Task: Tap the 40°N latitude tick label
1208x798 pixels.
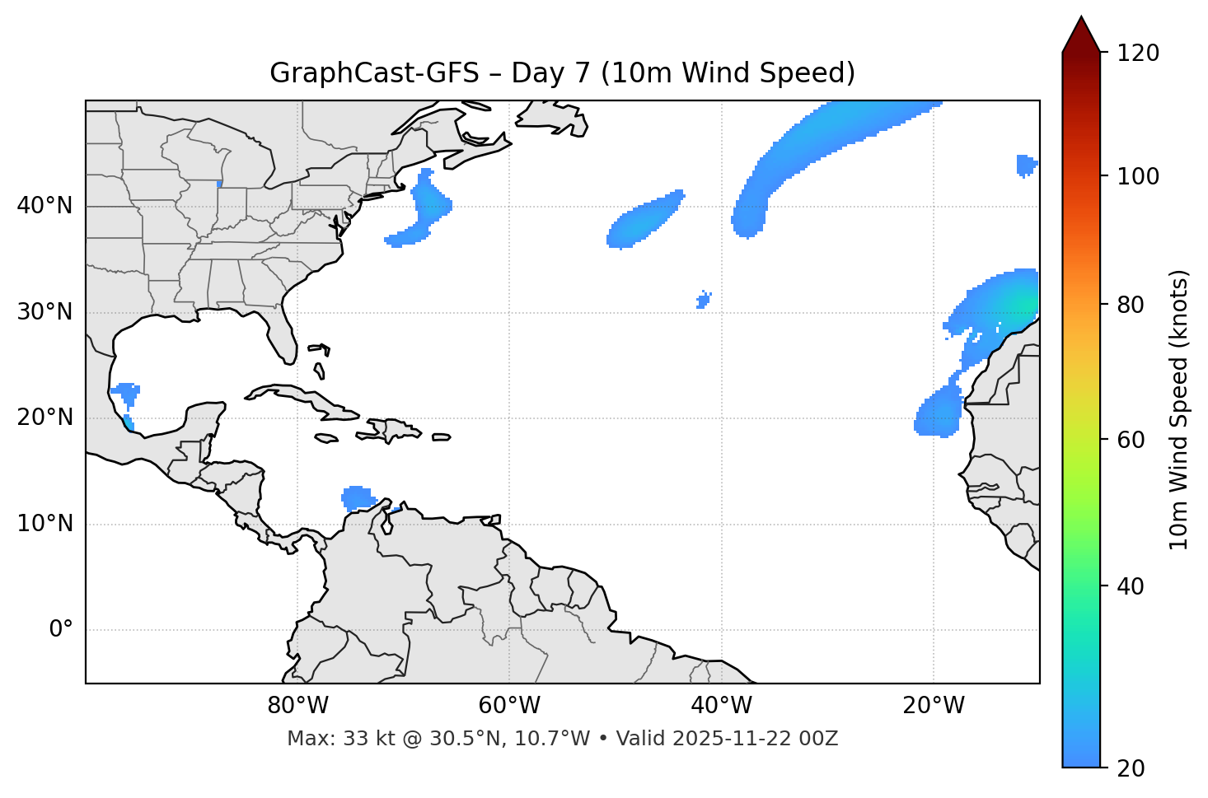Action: tap(44, 206)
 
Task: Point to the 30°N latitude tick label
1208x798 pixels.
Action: tap(44, 312)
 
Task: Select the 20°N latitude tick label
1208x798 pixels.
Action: tap(44, 418)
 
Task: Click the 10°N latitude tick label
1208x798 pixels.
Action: tap(44, 524)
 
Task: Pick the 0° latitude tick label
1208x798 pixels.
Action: tap(61, 629)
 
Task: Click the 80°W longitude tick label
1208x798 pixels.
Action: tap(297, 706)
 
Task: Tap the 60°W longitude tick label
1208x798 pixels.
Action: tap(509, 706)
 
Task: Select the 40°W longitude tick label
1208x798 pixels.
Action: tap(721, 706)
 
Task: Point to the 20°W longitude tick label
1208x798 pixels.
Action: tap(934, 706)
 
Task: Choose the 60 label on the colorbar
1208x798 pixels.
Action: tap(1135, 440)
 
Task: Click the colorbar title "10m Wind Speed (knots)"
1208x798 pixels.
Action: tap(1179, 409)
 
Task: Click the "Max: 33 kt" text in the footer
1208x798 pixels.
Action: tap(326, 739)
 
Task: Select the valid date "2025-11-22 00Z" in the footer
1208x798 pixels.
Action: tap(755, 739)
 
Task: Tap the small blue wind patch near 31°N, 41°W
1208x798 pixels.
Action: tap(703, 300)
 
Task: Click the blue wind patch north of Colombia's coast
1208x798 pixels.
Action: tap(358, 497)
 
